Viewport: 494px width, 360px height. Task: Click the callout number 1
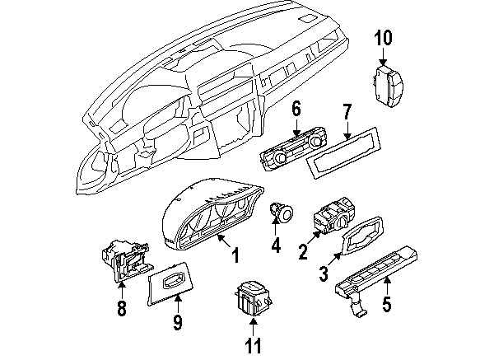[x=235, y=257]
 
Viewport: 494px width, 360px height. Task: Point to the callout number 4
[x=275, y=245]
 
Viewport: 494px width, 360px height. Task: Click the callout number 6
[x=296, y=108]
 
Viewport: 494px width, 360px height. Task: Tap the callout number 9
[x=177, y=321]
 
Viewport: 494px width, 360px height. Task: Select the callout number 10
[x=384, y=37]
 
